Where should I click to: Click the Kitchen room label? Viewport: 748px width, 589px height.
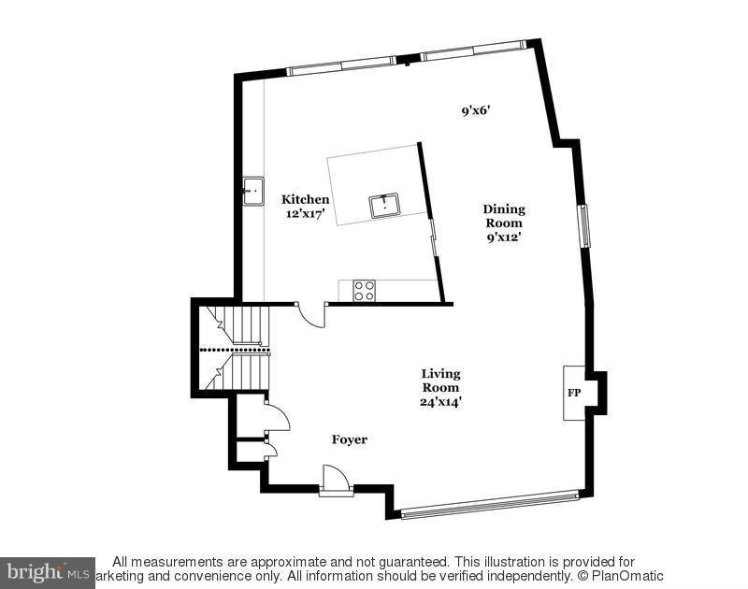pyautogui.click(x=306, y=199)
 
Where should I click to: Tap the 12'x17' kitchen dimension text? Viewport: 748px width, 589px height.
pyautogui.click(x=306, y=213)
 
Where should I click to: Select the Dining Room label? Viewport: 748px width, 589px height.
pyautogui.click(x=503, y=216)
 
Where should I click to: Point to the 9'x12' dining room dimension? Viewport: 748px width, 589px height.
pyautogui.click(x=503, y=237)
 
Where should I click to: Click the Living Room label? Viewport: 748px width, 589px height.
pyautogui.click(x=439, y=381)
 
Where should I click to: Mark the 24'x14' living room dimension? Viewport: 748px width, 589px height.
pyautogui.click(x=439, y=402)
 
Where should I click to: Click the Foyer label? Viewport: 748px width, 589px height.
pyautogui.click(x=349, y=439)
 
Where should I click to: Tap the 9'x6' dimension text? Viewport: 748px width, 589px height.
pyautogui.click(x=476, y=110)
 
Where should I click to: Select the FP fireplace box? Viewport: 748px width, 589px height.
pyautogui.click(x=573, y=393)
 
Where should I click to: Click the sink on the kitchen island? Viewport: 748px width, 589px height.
pyautogui.click(x=384, y=205)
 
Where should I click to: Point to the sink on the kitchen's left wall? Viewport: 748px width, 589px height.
pyautogui.click(x=252, y=192)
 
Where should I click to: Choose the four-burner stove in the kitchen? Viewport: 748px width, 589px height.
pyautogui.click(x=364, y=291)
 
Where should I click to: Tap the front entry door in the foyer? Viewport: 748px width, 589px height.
pyautogui.click(x=335, y=480)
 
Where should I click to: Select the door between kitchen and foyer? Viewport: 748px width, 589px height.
pyautogui.click(x=310, y=313)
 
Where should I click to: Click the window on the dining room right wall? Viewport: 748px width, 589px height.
pyautogui.click(x=585, y=225)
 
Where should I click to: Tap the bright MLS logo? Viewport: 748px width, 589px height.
pyautogui.click(x=47, y=571)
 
